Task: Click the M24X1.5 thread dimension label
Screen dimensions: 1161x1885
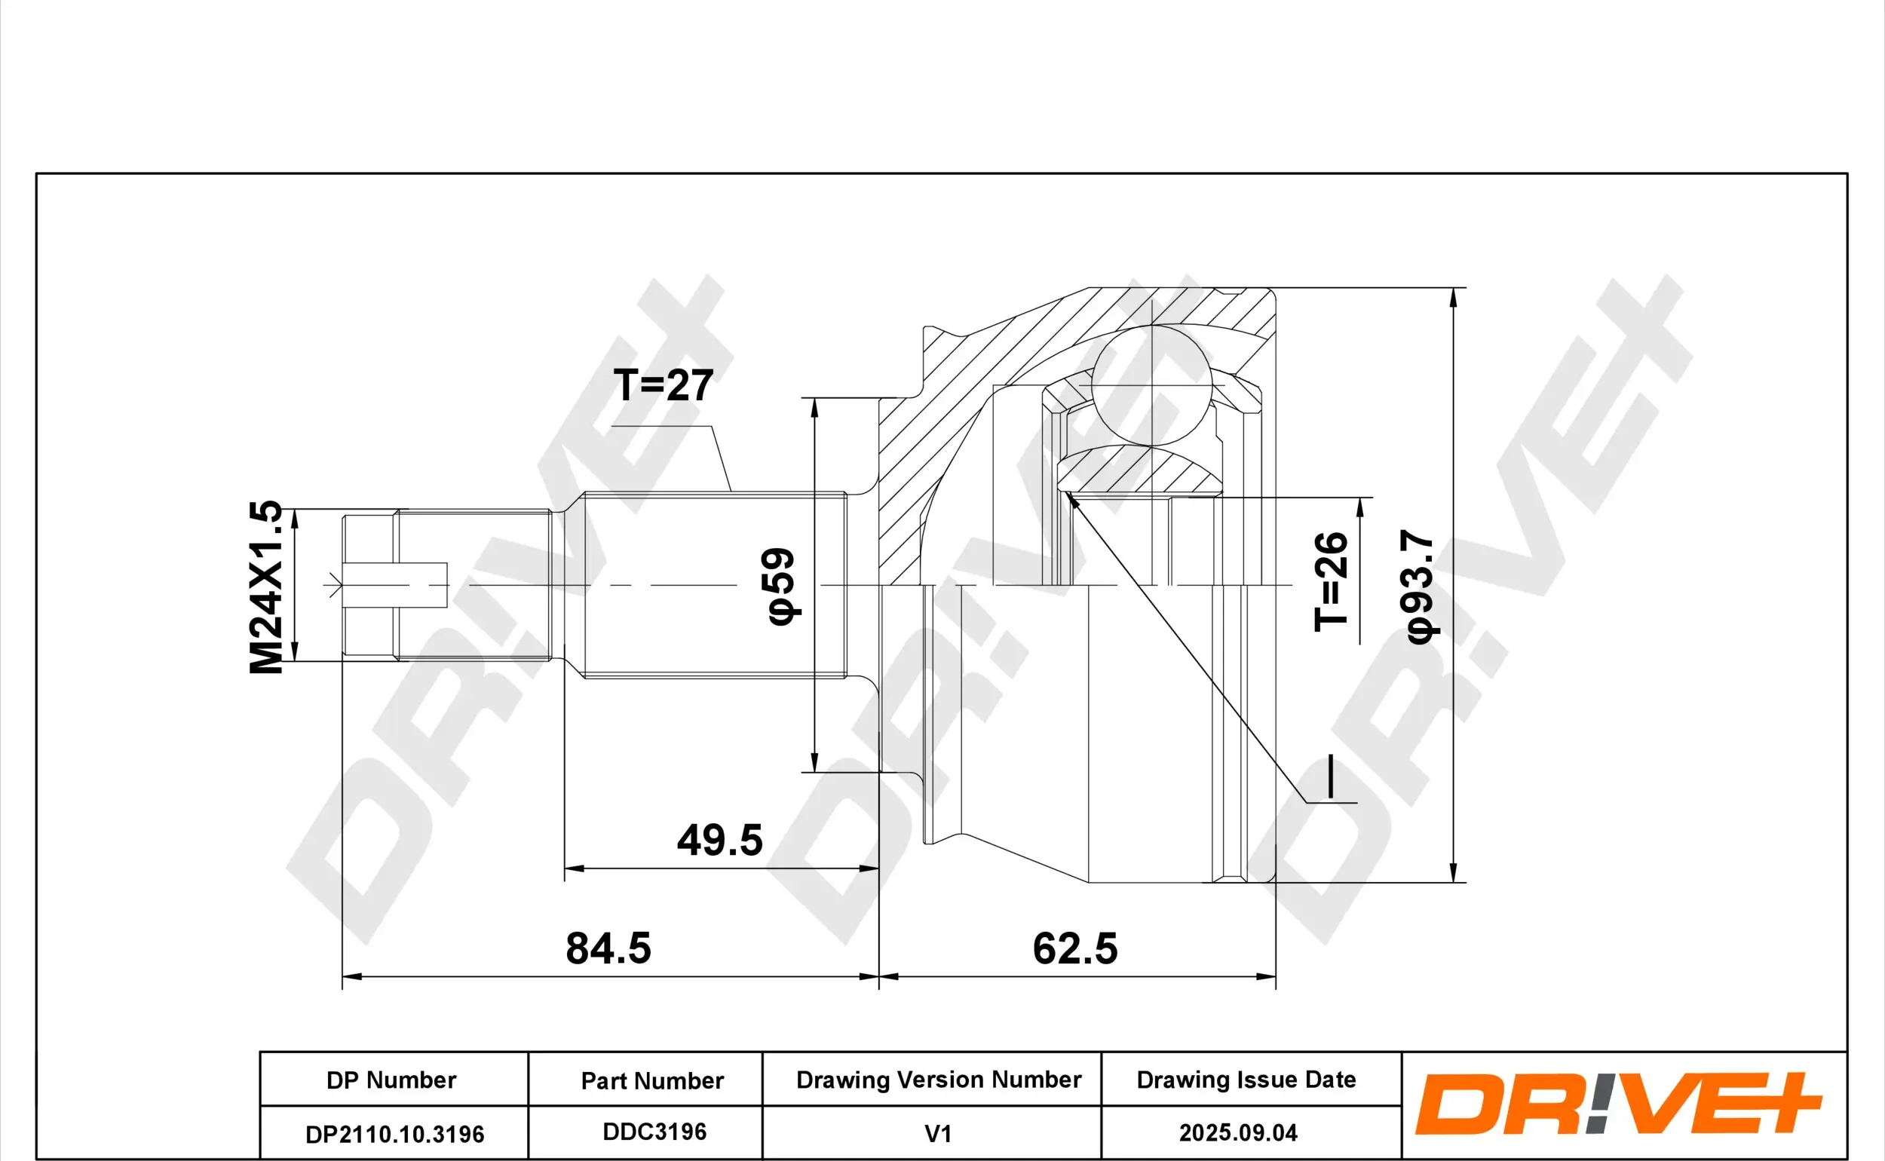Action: click(265, 587)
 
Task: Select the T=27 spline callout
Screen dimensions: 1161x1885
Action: click(664, 384)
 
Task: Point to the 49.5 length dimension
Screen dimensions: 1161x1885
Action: click(719, 840)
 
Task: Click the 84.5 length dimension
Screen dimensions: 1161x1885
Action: click(608, 948)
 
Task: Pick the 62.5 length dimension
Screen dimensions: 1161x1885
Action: click(1074, 948)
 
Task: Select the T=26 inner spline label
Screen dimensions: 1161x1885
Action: click(1331, 581)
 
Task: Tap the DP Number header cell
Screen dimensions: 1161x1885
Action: click(391, 1080)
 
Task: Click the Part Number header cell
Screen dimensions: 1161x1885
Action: click(652, 1080)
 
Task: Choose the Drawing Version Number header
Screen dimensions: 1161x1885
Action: click(938, 1080)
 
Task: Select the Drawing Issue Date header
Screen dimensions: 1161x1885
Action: click(1246, 1080)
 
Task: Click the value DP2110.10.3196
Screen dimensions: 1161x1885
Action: click(394, 1134)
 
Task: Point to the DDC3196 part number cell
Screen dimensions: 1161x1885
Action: click(654, 1132)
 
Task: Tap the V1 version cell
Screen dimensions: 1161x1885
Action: click(937, 1133)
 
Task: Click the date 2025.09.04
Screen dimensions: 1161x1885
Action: click(1238, 1132)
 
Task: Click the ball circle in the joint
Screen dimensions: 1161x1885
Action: click(1151, 385)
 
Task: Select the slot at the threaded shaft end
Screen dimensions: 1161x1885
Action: click(394, 585)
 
